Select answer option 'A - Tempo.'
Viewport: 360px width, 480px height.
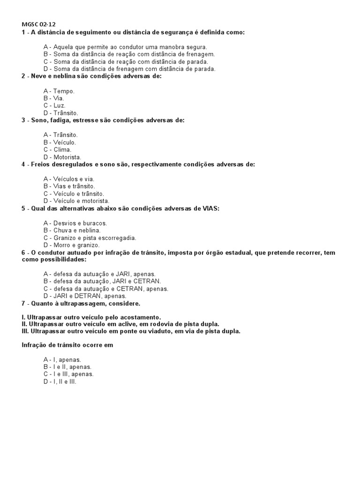click(59, 91)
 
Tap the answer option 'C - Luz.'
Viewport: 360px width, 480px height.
click(55, 105)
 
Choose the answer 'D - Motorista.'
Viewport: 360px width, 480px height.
click(62, 157)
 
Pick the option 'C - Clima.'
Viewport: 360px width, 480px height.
click(57, 150)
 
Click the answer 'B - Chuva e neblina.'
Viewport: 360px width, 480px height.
click(72, 230)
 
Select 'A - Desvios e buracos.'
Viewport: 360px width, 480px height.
click(75, 223)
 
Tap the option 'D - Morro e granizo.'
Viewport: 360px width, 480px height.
click(71, 245)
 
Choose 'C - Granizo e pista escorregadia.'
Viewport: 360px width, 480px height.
click(90, 238)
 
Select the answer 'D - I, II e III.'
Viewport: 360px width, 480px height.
click(60, 382)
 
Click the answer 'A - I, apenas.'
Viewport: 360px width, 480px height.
click(62, 360)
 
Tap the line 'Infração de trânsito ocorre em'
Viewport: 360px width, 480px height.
click(67, 345)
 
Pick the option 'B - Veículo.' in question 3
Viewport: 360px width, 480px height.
click(60, 142)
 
